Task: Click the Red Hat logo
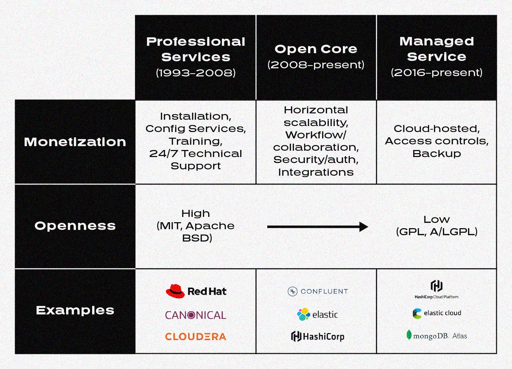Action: point(196,291)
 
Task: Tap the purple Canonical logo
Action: point(196,315)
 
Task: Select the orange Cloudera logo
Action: point(196,337)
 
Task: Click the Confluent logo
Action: point(318,291)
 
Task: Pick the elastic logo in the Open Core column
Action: point(318,314)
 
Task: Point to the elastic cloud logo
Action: point(436,313)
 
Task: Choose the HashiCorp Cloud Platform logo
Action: point(436,289)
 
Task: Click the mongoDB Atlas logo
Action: point(436,336)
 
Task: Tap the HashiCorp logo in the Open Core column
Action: point(318,337)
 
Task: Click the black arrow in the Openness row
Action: point(318,227)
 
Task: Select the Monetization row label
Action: point(75,142)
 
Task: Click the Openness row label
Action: point(75,226)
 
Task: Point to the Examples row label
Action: point(75,310)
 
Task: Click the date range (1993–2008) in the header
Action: point(196,73)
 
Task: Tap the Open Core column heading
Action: point(316,49)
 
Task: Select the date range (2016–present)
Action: point(436,73)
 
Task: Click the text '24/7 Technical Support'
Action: point(196,160)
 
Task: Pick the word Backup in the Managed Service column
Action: point(436,154)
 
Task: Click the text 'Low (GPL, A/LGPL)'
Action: point(436,225)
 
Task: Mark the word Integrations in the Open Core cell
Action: point(316,172)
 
